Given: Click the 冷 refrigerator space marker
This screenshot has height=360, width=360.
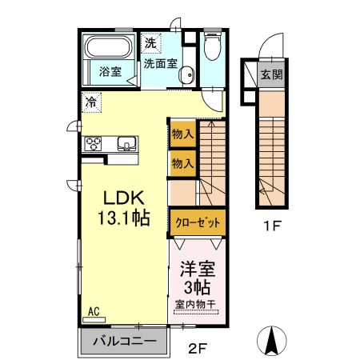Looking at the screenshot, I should [93, 102].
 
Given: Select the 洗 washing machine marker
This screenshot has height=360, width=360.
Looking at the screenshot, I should [150, 42].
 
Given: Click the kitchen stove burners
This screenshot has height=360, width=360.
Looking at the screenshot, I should [93, 144].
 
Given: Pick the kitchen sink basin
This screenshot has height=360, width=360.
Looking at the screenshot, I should [126, 144].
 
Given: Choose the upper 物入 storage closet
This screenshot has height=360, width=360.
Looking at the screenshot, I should [182, 134].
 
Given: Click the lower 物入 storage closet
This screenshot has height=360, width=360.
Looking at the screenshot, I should [182, 163].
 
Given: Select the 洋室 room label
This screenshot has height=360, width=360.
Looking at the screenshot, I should [196, 269].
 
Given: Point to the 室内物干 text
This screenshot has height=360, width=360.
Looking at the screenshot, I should [196, 304].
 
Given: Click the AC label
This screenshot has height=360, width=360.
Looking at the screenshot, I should [93, 310].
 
